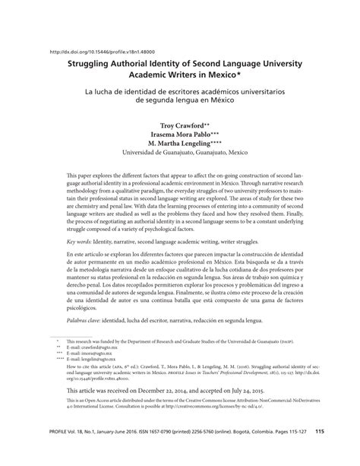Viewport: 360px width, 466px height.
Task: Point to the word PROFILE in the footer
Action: pos(58,452)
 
